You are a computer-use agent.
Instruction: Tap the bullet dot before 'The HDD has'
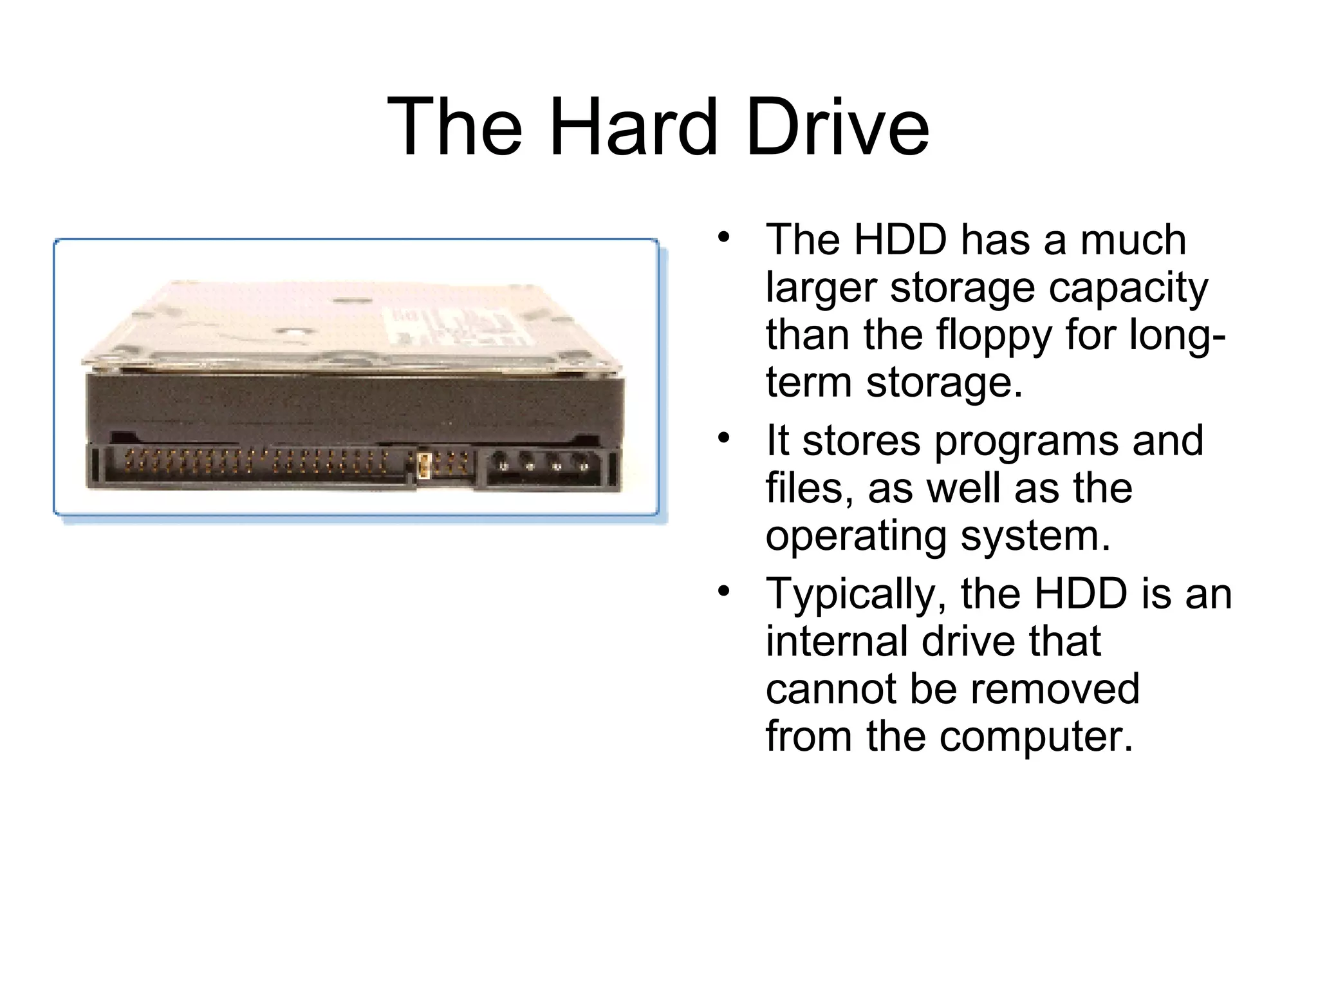point(724,237)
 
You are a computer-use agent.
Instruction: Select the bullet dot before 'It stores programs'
point(724,438)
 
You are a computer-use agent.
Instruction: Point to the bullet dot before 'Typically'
point(724,590)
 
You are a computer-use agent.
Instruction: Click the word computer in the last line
point(1035,738)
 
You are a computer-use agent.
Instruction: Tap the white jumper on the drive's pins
point(423,465)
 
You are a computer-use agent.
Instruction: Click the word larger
point(821,288)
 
